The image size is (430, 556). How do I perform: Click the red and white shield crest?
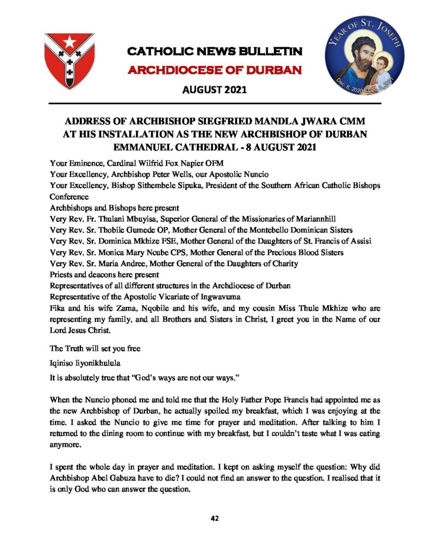click(x=69, y=60)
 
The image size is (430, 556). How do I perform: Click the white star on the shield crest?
click(x=69, y=42)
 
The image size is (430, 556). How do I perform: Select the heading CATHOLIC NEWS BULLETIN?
click(x=214, y=52)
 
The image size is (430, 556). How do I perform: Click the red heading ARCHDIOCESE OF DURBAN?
click(x=214, y=71)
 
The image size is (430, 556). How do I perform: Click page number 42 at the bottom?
click(x=214, y=519)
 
